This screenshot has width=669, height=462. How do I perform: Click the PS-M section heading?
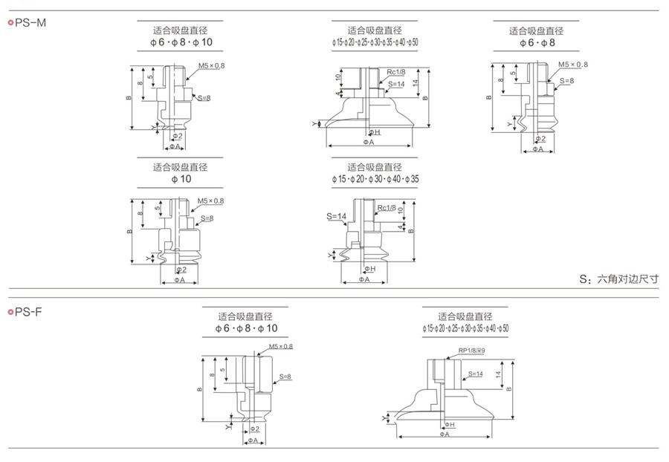click(x=31, y=23)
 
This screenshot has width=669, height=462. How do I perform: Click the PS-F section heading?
click(x=30, y=312)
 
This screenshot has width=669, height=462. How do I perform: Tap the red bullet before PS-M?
click(x=10, y=23)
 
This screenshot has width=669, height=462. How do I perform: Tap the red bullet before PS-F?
click(x=10, y=312)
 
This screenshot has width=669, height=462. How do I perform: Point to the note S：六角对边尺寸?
click(x=619, y=279)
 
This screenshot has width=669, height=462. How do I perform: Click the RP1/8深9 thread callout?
click(x=471, y=351)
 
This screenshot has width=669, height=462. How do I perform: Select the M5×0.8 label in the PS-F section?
click(x=281, y=346)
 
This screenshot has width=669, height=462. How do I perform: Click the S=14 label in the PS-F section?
click(x=475, y=374)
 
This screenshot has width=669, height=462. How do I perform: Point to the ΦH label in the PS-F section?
click(x=449, y=424)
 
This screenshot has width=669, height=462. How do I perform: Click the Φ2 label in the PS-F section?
click(x=254, y=429)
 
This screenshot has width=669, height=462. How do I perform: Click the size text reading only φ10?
click(x=181, y=179)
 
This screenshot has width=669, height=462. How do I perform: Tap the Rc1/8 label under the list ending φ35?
click(x=387, y=208)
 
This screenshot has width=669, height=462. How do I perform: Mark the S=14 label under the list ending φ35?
click(x=336, y=216)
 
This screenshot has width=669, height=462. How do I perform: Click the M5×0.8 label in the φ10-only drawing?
click(x=210, y=201)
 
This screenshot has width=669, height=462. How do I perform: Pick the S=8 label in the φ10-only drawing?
click(x=207, y=218)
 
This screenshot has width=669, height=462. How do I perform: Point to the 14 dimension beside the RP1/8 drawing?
click(x=498, y=374)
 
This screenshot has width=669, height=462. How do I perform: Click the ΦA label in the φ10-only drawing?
click(x=179, y=280)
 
